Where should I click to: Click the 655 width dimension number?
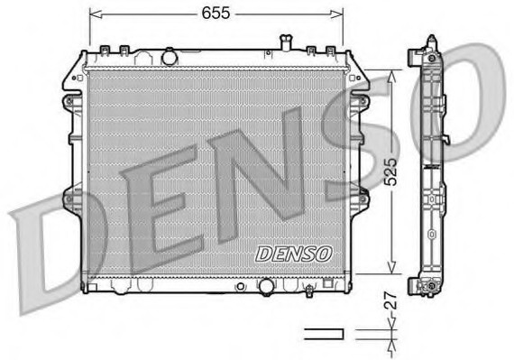(x=216, y=14)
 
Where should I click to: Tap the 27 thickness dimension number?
(x=390, y=300)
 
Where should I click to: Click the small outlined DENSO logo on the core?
(x=293, y=254)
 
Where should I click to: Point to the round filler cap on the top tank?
(x=170, y=57)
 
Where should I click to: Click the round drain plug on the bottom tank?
(x=266, y=287)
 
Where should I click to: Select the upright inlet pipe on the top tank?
(x=286, y=42)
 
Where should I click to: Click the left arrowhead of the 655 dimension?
(x=95, y=14)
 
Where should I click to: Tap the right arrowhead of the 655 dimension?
(x=337, y=14)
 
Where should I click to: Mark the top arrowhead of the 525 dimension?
(x=391, y=76)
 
